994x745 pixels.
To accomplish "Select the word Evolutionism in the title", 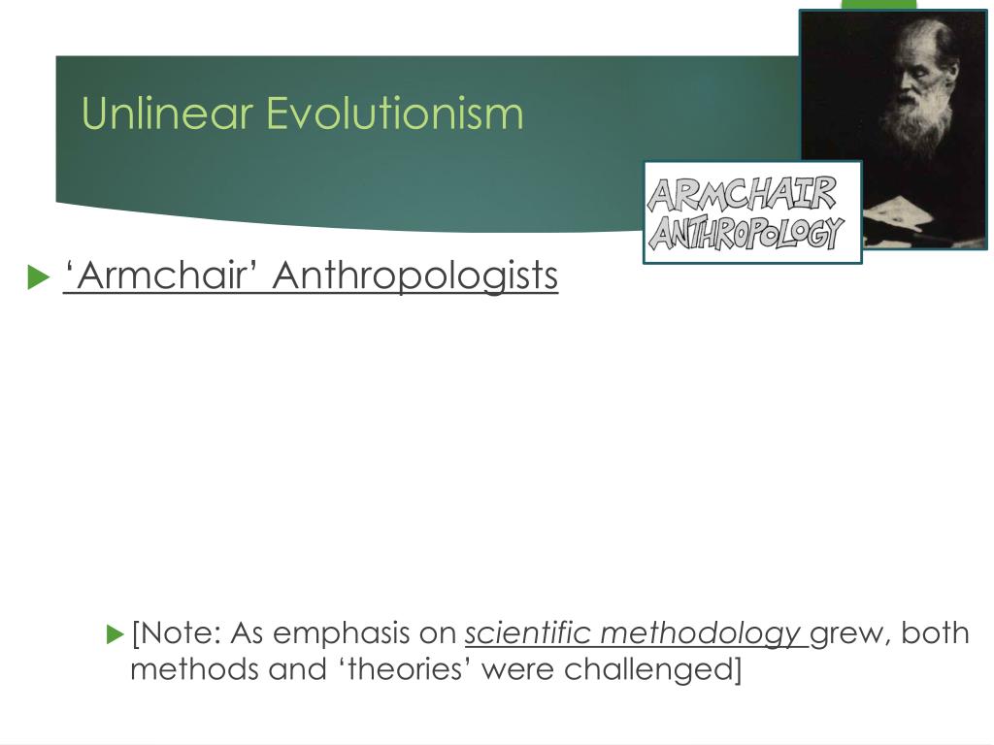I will click(x=394, y=113).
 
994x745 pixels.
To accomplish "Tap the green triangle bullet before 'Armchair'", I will click(x=38, y=277).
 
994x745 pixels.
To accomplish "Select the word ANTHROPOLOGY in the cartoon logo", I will click(x=745, y=233).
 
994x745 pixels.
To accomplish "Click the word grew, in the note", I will click(x=851, y=633).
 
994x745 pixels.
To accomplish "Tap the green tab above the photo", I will click(x=878, y=5).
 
